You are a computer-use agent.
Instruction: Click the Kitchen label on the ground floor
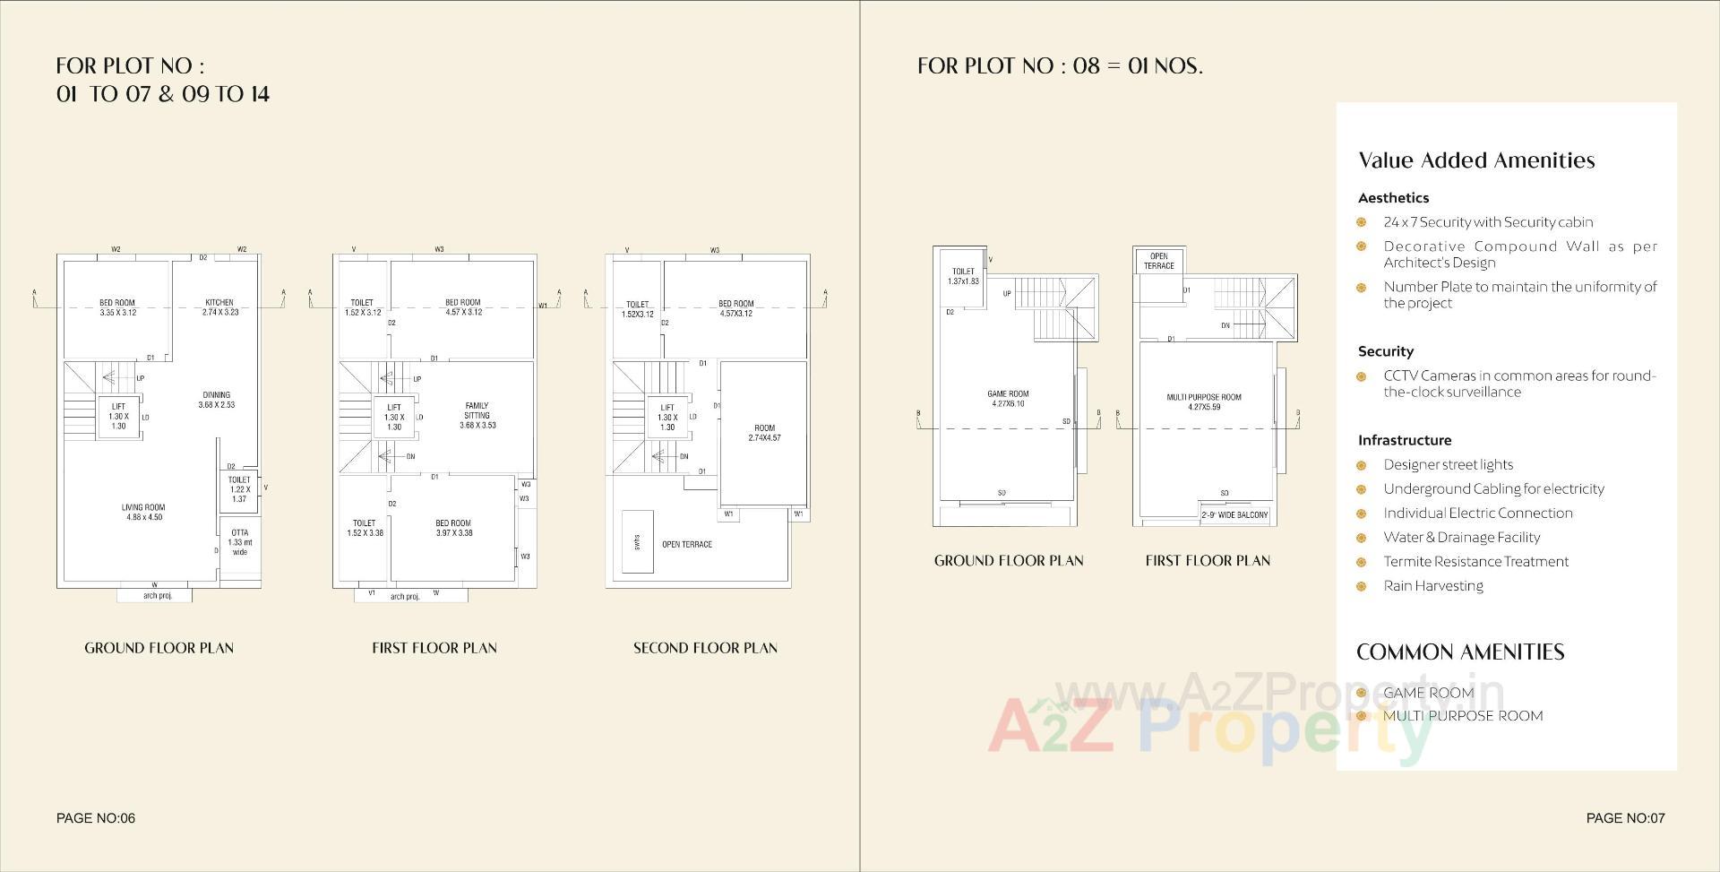[219, 307]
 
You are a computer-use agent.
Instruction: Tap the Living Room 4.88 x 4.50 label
[143, 512]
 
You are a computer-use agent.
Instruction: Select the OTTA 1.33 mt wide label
[239, 542]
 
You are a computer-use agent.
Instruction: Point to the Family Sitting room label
[477, 416]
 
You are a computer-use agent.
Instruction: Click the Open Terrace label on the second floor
[687, 544]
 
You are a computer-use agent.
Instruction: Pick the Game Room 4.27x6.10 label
[1008, 399]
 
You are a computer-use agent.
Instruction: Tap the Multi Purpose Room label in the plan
[1204, 401]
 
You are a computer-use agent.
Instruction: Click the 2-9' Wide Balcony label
[1234, 514]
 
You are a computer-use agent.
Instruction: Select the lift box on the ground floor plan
[118, 417]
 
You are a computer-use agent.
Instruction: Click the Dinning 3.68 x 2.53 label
[217, 400]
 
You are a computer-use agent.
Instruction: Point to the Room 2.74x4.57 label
[764, 433]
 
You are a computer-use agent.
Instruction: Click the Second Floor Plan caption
[705, 648]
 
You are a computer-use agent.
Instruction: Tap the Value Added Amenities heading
[1476, 160]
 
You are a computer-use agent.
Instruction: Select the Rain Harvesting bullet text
[1433, 586]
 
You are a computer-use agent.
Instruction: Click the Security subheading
[1385, 351]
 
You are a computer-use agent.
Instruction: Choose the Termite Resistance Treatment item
[1475, 562]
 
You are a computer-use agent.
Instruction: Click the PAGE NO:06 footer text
[96, 817]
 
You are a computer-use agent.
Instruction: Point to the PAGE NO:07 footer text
[1625, 817]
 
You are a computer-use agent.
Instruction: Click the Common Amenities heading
[1460, 652]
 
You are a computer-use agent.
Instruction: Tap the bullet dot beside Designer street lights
[1362, 465]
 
